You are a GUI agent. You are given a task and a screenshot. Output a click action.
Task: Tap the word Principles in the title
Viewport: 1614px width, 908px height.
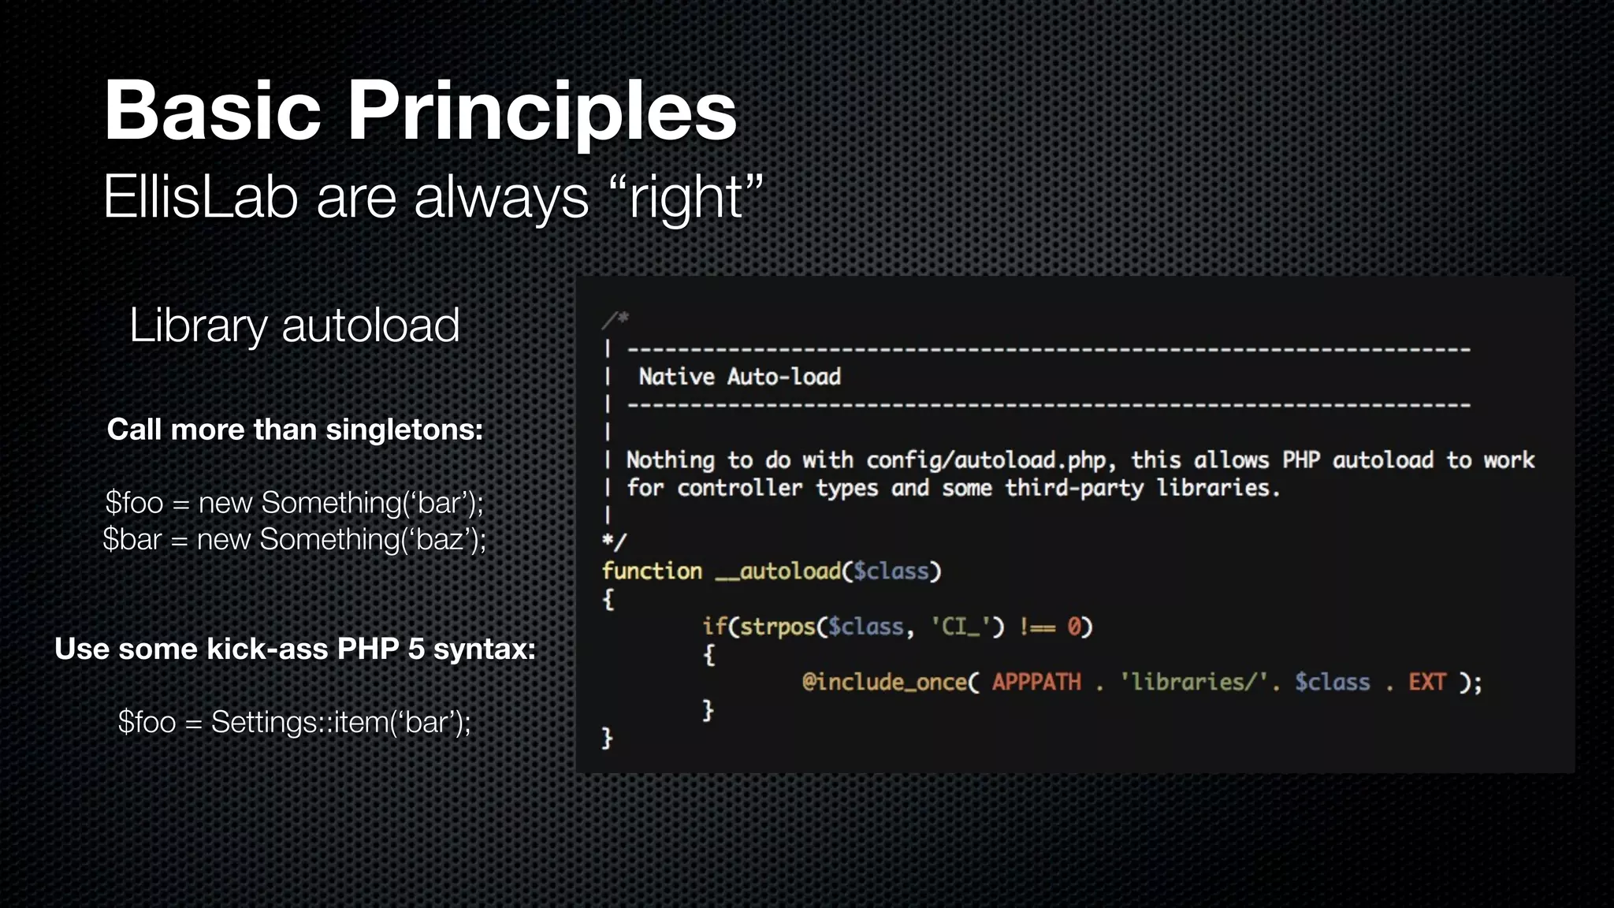(x=541, y=112)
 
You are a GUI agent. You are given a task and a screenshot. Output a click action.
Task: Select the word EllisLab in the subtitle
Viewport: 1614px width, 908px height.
(x=200, y=197)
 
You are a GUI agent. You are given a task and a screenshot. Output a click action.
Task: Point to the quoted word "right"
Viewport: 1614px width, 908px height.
(x=686, y=197)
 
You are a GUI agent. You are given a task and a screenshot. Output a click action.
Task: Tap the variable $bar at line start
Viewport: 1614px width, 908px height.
(x=132, y=540)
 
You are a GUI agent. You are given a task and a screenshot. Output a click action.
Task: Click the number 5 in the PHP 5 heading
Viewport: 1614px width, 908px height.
(x=415, y=649)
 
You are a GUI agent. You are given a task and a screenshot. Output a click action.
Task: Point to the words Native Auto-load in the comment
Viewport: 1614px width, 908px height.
(x=739, y=377)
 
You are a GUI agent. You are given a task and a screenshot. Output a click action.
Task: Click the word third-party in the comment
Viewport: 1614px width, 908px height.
(x=1073, y=488)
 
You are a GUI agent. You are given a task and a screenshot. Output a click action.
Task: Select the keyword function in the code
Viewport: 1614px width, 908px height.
(x=652, y=571)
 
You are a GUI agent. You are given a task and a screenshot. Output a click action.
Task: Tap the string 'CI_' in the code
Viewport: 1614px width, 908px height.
(x=959, y=627)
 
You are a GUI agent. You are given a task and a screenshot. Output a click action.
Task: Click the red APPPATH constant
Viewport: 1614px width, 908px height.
(x=1036, y=682)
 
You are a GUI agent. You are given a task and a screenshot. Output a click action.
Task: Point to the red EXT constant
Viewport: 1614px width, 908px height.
(x=1426, y=682)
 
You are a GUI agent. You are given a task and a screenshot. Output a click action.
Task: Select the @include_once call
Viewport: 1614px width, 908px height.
(x=884, y=682)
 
